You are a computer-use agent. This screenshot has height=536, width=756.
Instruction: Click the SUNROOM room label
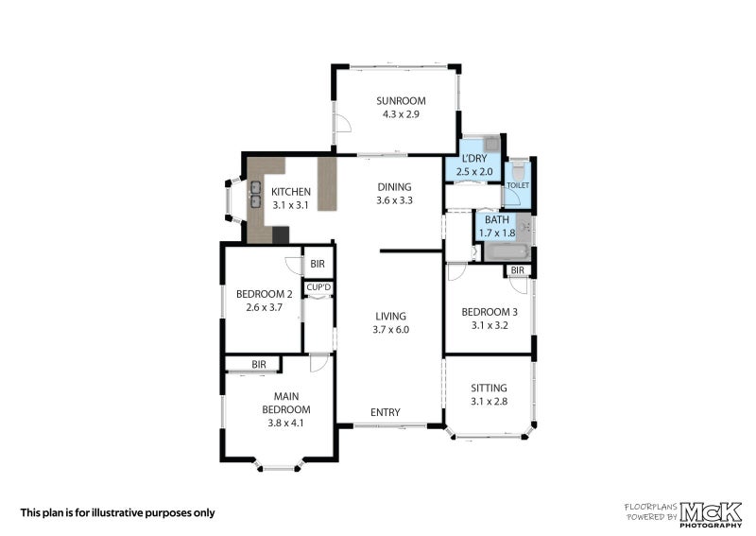tap(401, 101)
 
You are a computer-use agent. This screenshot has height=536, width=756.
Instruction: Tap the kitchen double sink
tap(255, 194)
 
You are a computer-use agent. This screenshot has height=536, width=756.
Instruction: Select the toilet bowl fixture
tap(518, 169)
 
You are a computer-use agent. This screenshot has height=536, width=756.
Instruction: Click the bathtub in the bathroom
tap(507, 251)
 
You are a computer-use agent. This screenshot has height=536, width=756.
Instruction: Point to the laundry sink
tap(491, 144)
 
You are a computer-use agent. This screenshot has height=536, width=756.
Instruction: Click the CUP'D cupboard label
tap(318, 287)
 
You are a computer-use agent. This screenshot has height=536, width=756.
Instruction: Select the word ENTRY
tap(386, 412)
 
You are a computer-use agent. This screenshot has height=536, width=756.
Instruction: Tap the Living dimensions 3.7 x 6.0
tap(390, 330)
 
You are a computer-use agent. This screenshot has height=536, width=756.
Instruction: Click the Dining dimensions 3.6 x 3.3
tap(394, 200)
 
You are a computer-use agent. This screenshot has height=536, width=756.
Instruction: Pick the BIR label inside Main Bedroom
tap(259, 365)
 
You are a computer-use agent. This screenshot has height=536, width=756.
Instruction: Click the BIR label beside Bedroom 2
tap(318, 264)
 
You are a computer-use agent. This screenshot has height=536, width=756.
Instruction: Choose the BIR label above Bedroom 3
tap(517, 270)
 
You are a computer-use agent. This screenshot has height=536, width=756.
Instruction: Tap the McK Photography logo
tap(711, 514)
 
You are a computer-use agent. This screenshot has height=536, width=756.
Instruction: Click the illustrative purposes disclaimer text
tap(117, 513)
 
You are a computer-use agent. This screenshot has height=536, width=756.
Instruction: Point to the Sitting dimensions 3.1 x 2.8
tap(489, 402)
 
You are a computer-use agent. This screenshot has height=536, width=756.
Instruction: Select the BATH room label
tap(497, 220)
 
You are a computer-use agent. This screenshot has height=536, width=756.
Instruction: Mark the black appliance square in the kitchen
tap(281, 235)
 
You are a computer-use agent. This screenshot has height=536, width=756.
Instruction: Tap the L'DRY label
tap(474, 159)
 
